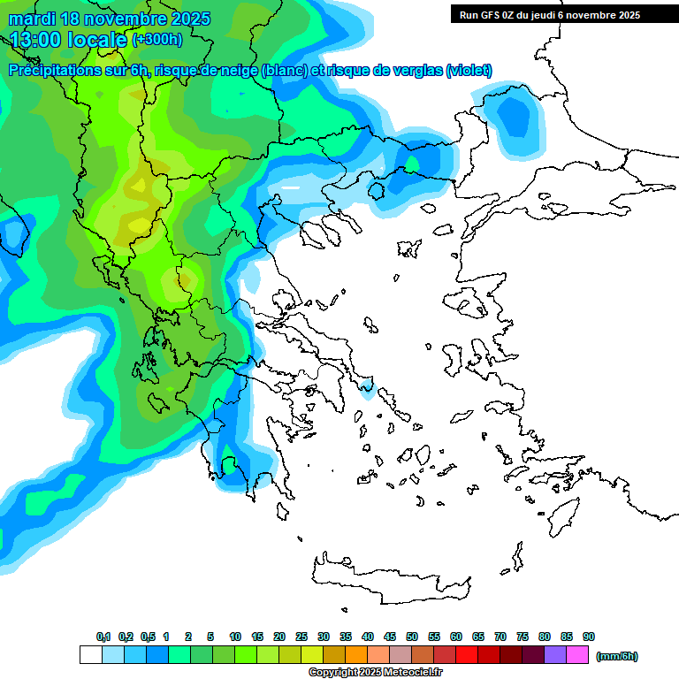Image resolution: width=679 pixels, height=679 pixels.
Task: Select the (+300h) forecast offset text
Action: [x=157, y=40]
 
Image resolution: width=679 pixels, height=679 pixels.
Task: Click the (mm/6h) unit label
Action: [x=617, y=656]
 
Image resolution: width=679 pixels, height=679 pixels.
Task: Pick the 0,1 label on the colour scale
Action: [x=103, y=637]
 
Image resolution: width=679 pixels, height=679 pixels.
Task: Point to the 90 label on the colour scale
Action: [x=589, y=637]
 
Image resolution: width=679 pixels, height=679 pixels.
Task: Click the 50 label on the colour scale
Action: [x=412, y=637]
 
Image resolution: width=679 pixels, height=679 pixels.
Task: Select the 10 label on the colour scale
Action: [x=235, y=637]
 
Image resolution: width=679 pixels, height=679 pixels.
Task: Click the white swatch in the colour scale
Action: [x=91, y=655]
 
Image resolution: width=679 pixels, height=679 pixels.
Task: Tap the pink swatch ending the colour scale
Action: [x=577, y=655]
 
